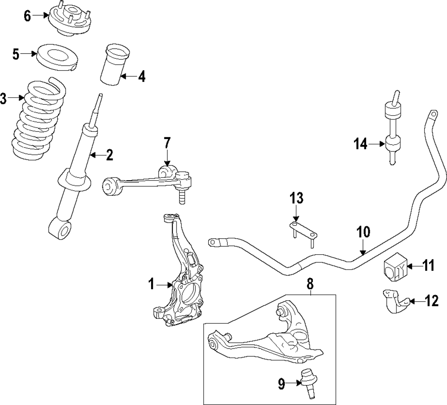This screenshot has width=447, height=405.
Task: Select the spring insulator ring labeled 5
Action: pyautogui.click(x=58, y=56)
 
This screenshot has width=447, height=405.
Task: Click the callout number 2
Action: pyautogui.click(x=109, y=155)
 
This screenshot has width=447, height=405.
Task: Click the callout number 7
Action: pyautogui.click(x=167, y=143)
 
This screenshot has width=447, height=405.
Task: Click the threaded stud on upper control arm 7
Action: pyautogui.click(x=181, y=197)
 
